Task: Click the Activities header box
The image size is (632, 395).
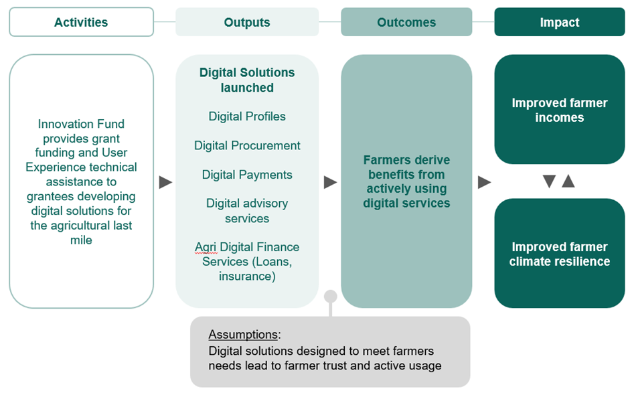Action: tap(82, 22)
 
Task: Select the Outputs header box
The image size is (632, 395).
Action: tap(247, 22)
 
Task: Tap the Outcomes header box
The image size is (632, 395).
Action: tap(406, 22)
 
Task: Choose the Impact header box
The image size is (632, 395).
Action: tap(560, 22)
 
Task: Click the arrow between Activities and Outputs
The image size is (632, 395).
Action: tap(165, 182)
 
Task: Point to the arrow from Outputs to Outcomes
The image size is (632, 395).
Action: tap(330, 182)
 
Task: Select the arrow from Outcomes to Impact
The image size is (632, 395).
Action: tap(484, 182)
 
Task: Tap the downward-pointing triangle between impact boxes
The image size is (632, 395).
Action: tap(549, 181)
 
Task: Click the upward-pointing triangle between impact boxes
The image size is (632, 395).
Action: tap(568, 181)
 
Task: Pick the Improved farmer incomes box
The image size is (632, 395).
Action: tap(560, 110)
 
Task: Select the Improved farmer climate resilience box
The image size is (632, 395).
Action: tap(560, 254)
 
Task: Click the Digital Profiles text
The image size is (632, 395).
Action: tap(247, 116)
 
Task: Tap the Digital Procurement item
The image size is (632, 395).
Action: tap(247, 145)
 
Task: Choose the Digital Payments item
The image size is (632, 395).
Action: tap(247, 175)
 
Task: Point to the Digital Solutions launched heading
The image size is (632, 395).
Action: tap(247, 80)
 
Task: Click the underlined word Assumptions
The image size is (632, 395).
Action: tap(243, 335)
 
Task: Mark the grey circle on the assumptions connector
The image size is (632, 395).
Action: tap(331, 296)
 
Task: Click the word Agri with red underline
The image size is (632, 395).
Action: tap(206, 247)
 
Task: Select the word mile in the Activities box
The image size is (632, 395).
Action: tap(82, 240)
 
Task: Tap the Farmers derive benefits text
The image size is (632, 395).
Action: tap(406, 182)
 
